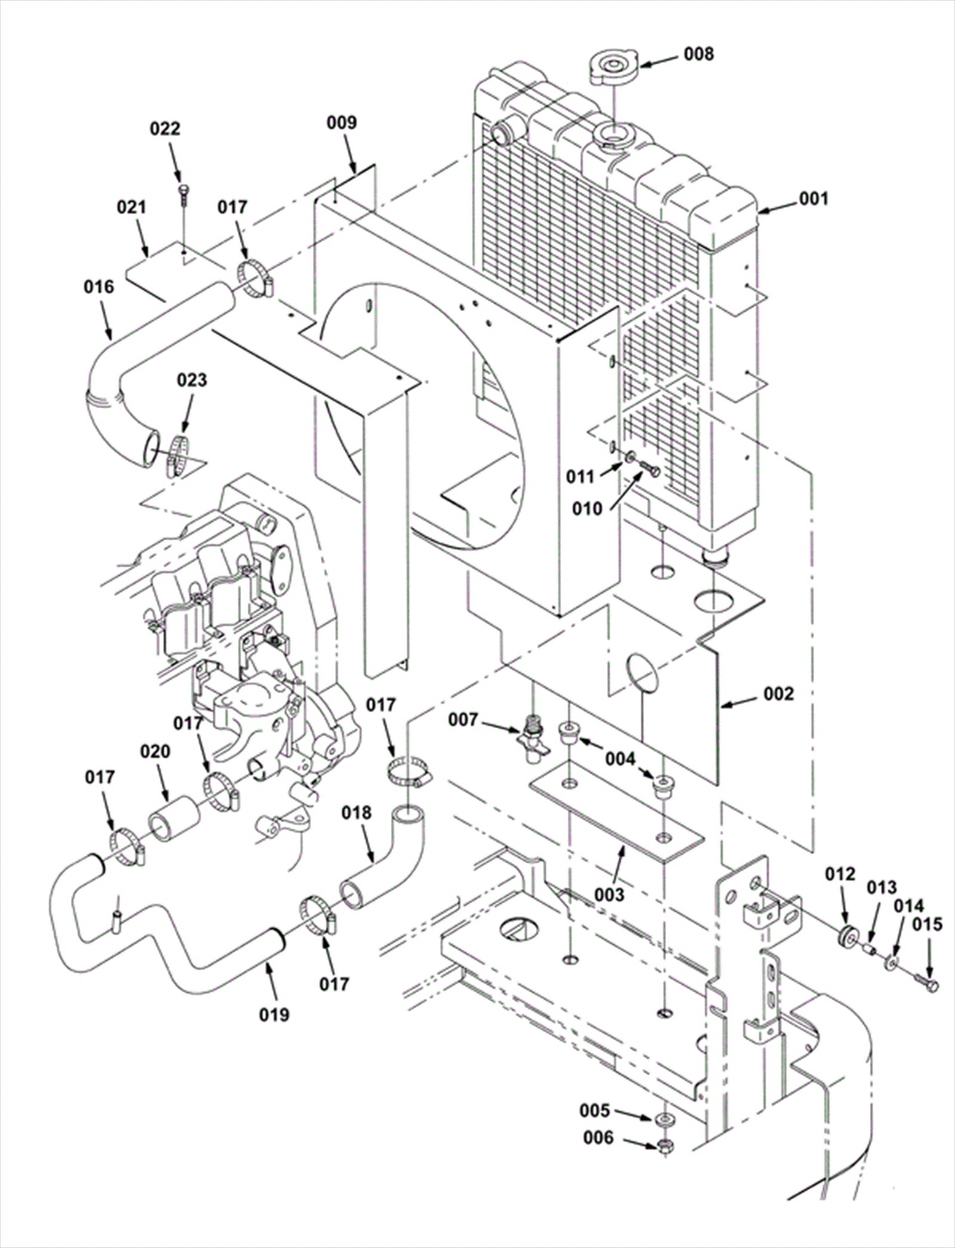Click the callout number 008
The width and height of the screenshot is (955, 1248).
click(699, 54)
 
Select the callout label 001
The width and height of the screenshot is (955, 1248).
click(814, 198)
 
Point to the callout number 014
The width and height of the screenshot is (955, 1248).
click(908, 906)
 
